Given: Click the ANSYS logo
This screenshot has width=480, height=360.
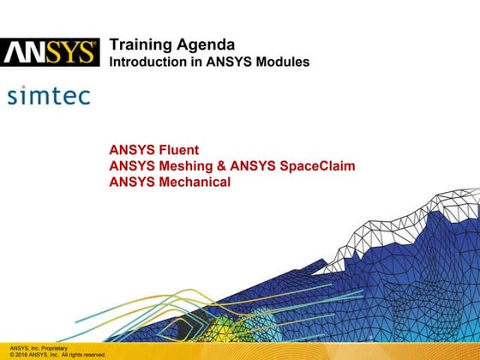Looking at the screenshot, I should pos(50,53).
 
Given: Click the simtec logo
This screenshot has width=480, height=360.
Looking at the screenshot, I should pos(48,95).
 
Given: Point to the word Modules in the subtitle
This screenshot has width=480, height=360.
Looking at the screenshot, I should pos(282,63).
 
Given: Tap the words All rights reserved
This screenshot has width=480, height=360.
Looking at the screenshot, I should pos(84,354).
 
